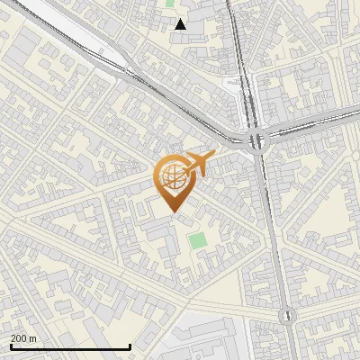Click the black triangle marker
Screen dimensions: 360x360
pos(181,24)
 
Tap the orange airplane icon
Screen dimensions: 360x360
pos(200,165)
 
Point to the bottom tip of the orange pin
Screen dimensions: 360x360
pos(172,211)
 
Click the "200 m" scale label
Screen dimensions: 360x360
pos(24,338)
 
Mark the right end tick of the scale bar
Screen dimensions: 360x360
pos(130,346)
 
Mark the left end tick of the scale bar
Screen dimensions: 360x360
pos(10,346)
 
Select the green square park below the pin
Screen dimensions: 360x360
pos(196,240)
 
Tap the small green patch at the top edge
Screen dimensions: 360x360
pos(171,4)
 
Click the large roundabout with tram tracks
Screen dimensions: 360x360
pos(258,140)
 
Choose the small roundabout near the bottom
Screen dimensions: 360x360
pos(287,316)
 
